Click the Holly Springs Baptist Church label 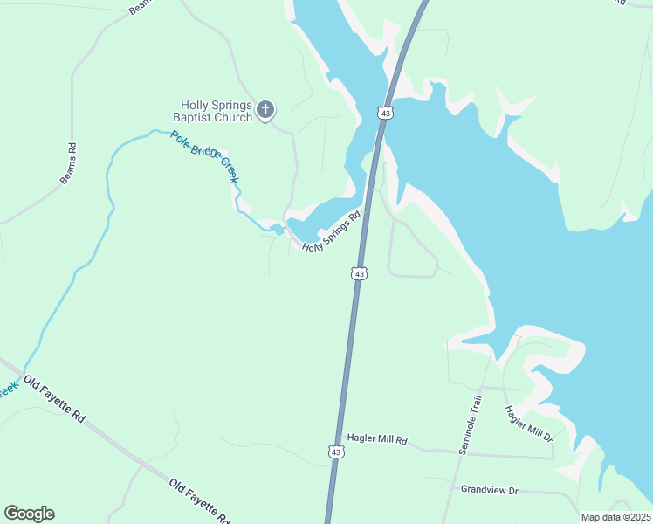click(x=212, y=111)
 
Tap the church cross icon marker click(x=265, y=110)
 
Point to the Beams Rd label click(x=68, y=162)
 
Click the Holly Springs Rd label click(x=332, y=232)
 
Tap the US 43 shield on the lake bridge click(x=386, y=113)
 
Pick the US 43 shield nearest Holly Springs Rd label click(x=359, y=273)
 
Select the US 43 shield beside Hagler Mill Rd click(x=335, y=451)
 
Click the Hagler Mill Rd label click(x=377, y=440)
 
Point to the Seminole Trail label click(x=471, y=424)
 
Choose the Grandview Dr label click(x=490, y=491)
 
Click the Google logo click(x=29, y=514)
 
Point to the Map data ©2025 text click(x=615, y=517)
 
